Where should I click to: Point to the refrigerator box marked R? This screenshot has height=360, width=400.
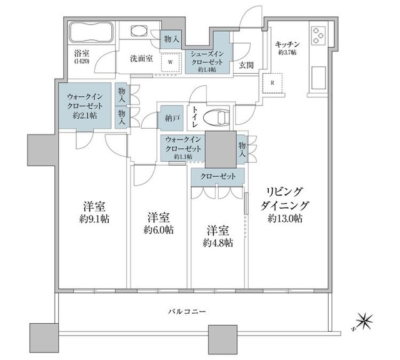click(x=272, y=82)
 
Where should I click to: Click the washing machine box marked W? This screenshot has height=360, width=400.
click(x=170, y=62)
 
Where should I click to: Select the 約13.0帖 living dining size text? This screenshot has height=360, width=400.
click(x=286, y=218)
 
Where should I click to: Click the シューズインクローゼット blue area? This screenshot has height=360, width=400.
click(x=209, y=59)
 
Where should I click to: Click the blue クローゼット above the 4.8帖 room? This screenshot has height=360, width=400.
click(x=218, y=177)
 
